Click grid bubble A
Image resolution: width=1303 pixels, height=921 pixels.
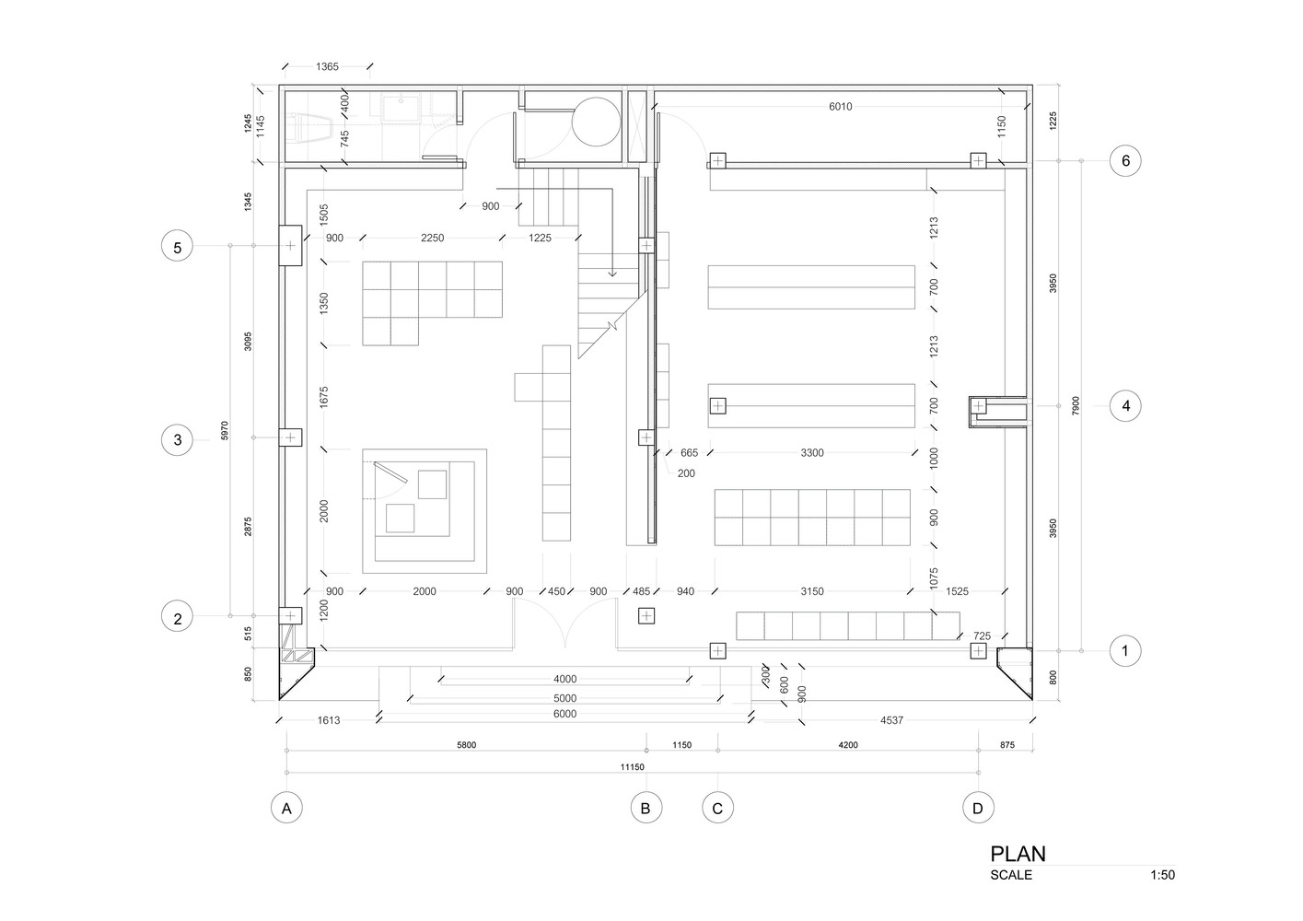pyautogui.click(x=286, y=808)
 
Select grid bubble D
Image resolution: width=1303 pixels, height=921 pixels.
pyautogui.click(x=978, y=808)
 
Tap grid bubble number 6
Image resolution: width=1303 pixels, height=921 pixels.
pyautogui.click(x=1125, y=160)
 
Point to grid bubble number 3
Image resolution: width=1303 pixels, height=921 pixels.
pyautogui.click(x=178, y=439)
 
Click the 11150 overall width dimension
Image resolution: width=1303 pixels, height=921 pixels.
pyautogui.click(x=632, y=767)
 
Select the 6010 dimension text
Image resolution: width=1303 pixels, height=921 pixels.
pyautogui.click(x=840, y=107)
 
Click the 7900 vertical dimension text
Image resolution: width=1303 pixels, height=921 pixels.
pyautogui.click(x=1076, y=405)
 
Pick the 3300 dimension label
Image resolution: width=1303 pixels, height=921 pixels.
pyautogui.click(x=812, y=452)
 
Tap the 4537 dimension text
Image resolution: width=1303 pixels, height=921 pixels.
pyautogui.click(x=891, y=720)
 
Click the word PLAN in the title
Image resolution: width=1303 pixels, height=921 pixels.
pyautogui.click(x=1018, y=854)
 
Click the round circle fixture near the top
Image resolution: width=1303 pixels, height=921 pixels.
pyautogui.click(x=596, y=122)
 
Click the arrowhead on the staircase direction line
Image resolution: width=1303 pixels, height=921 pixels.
pyautogui.click(x=612, y=273)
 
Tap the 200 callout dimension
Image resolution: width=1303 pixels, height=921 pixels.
pyautogui.click(x=686, y=473)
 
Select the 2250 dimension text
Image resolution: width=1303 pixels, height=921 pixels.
pyautogui.click(x=432, y=238)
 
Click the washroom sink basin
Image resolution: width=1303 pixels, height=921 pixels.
pyautogui.click(x=401, y=108)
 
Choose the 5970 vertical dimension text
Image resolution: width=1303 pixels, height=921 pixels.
pyautogui.click(x=225, y=430)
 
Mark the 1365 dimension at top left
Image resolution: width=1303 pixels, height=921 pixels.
pyautogui.click(x=327, y=67)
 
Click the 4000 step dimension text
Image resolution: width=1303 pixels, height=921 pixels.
pyautogui.click(x=564, y=679)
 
